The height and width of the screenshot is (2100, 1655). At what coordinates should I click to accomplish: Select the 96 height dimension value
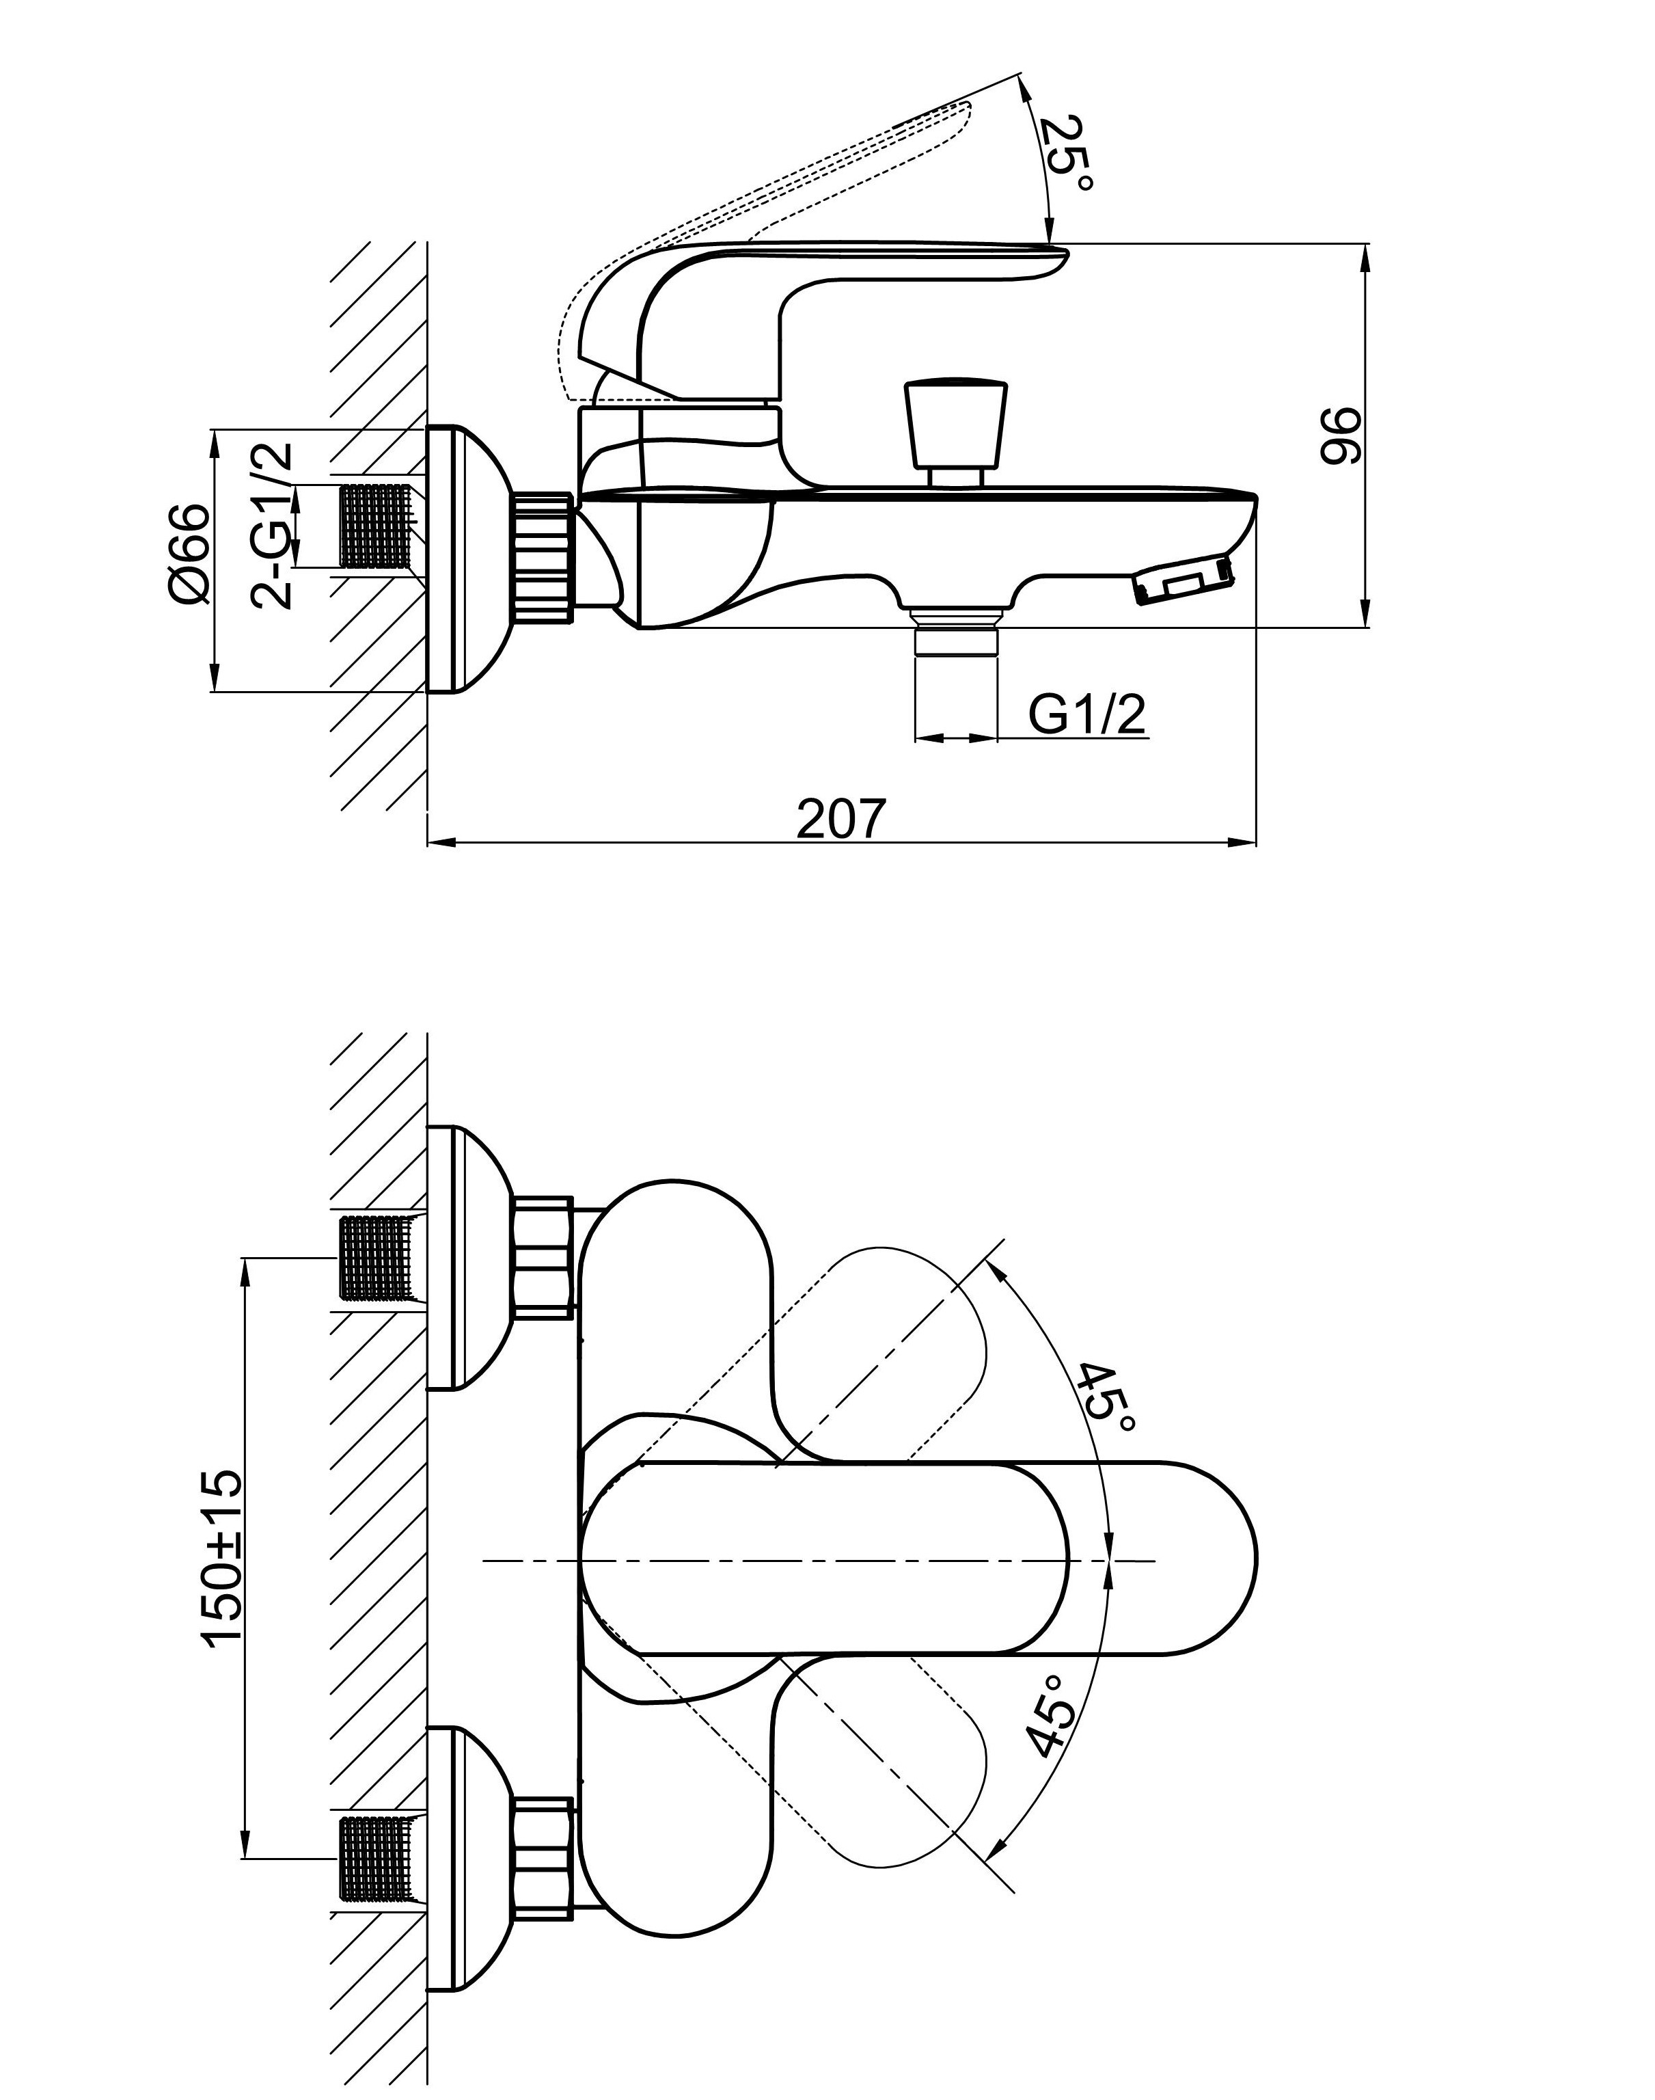coord(1341,436)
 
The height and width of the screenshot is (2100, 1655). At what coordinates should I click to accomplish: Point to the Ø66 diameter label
coord(189,554)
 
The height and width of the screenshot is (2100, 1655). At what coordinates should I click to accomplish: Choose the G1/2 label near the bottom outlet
coord(1086,715)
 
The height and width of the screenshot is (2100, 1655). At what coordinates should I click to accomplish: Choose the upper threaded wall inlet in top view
coord(380,1256)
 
